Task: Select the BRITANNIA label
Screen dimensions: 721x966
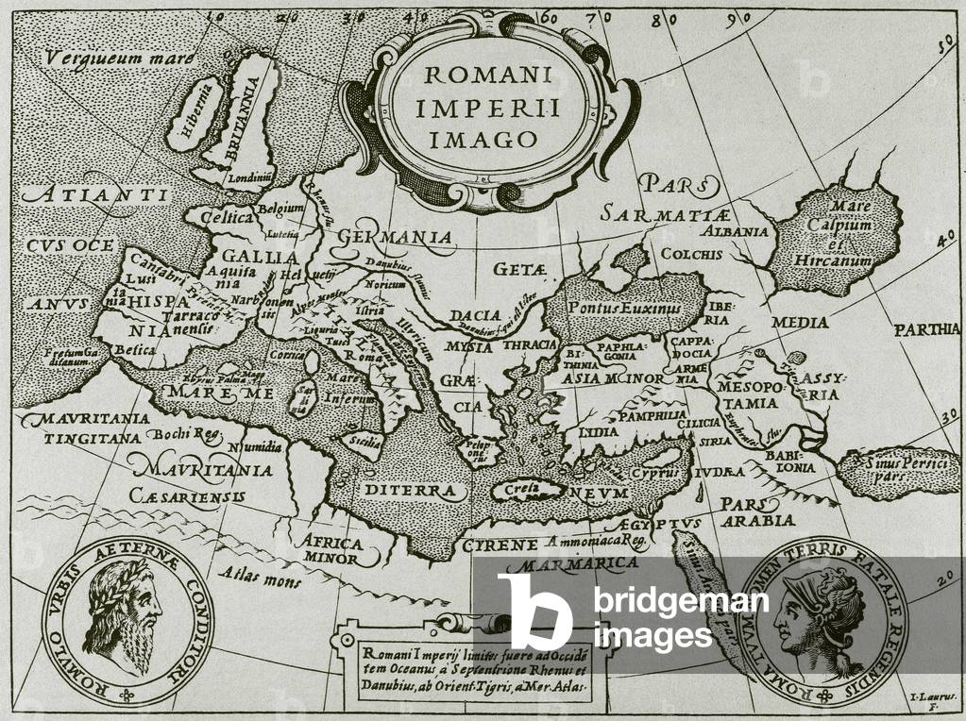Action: tap(242, 119)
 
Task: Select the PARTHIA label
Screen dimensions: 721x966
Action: tap(928, 330)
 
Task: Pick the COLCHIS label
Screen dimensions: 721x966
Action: tap(691, 254)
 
